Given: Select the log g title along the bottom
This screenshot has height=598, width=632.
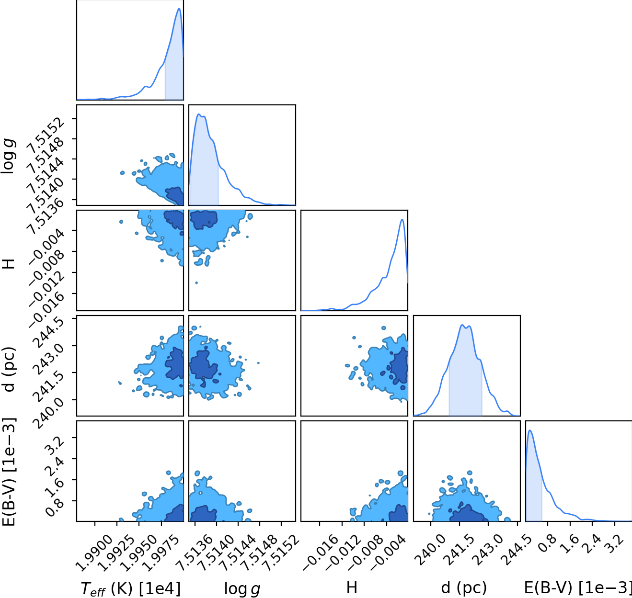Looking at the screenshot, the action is [x=242, y=588].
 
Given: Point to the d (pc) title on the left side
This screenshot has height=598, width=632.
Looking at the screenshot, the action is [x=9, y=369].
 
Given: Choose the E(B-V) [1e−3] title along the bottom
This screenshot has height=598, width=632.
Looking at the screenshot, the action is [x=578, y=587].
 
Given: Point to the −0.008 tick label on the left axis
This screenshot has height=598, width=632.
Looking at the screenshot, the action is [x=47, y=266].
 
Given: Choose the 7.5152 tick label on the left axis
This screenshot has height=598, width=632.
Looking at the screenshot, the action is [x=46, y=134].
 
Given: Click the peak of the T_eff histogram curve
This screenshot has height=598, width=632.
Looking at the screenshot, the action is [x=179, y=9].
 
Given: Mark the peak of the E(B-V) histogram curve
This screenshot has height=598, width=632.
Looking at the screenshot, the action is [x=530, y=430].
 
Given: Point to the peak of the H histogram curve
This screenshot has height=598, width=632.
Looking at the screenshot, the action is [x=402, y=219].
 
